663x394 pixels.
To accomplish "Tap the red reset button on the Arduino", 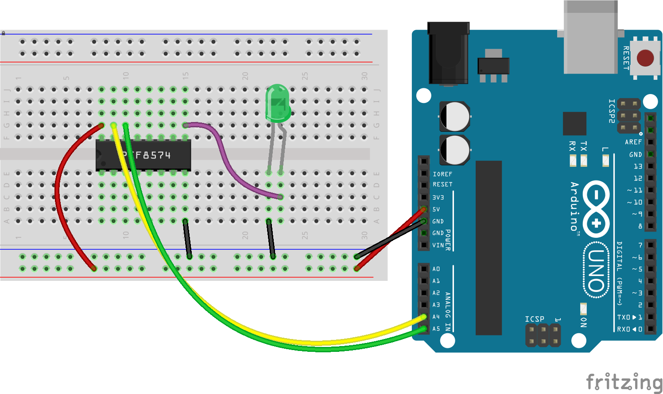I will tap(645, 58).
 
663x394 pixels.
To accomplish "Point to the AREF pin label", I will tap(633, 142).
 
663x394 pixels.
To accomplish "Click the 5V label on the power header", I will tap(436, 209).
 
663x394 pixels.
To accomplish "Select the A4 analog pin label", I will tap(436, 317).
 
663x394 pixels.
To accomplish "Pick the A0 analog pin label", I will tap(436, 269).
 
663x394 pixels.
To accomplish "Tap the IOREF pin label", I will tap(442, 174).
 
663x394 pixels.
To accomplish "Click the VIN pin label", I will tap(438, 245).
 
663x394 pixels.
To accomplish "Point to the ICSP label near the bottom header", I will tap(534, 319).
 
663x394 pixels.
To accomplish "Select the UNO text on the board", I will tap(596, 270).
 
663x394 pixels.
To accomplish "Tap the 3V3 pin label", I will tap(438, 197).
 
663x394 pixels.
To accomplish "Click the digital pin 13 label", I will tap(638, 166).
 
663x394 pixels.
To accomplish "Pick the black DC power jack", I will tap(448, 53).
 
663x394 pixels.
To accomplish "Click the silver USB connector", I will tap(590, 38).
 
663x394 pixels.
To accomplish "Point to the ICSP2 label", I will tap(612, 111).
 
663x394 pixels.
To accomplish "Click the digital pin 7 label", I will tap(640, 245).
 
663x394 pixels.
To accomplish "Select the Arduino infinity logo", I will tap(596, 209).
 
